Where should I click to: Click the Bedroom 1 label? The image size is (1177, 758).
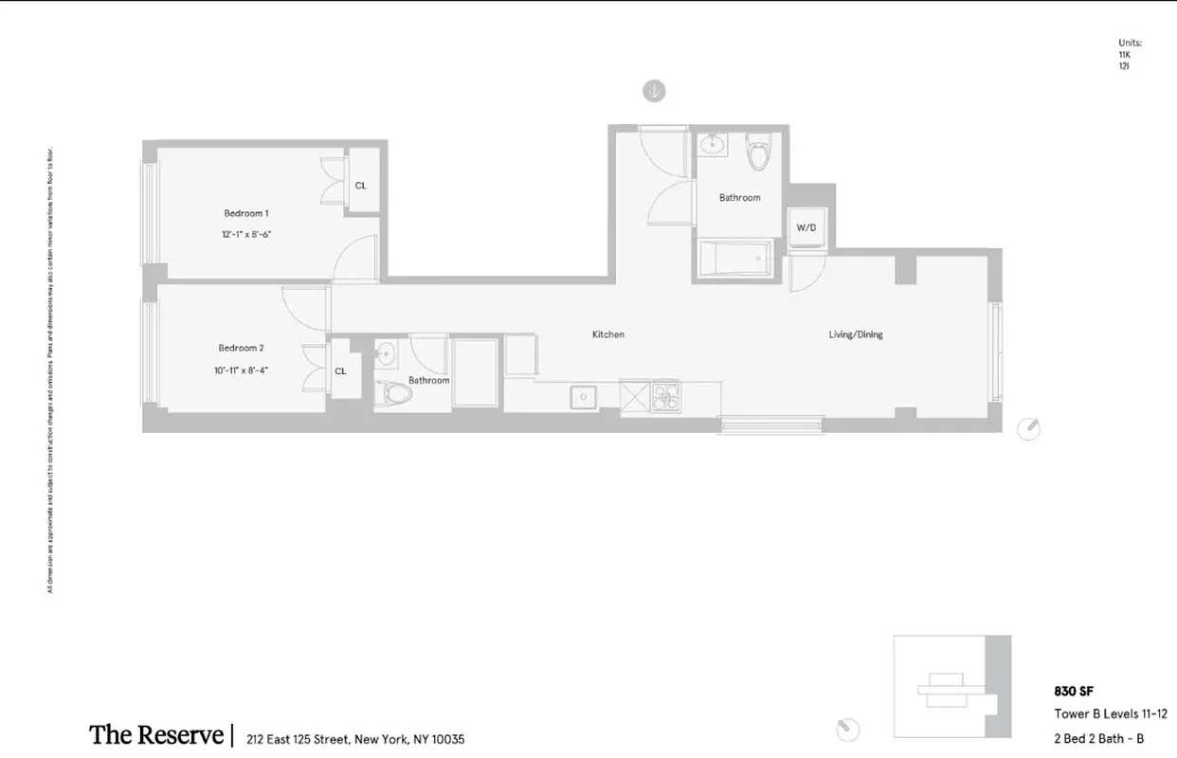(x=246, y=213)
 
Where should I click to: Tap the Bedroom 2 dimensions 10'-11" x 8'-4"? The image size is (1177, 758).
(x=241, y=370)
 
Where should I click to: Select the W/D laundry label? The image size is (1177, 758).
(x=806, y=228)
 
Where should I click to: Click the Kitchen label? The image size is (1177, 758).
(x=608, y=334)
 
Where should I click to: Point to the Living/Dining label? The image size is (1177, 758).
(x=856, y=334)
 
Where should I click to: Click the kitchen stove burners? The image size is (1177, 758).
(x=664, y=395)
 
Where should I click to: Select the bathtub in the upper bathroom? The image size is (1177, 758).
(x=734, y=257)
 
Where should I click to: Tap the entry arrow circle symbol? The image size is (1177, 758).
(x=654, y=91)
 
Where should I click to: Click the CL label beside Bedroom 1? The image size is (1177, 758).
(x=361, y=186)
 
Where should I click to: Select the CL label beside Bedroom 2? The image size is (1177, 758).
(x=340, y=370)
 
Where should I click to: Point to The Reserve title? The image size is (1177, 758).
(x=156, y=735)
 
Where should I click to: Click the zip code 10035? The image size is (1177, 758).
(x=447, y=739)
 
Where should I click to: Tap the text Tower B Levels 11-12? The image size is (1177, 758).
(x=1111, y=714)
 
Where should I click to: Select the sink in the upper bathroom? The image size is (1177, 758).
(x=713, y=145)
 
